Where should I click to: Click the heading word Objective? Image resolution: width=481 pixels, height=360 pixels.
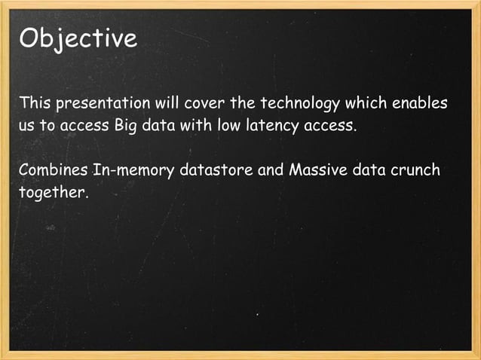click(x=78, y=38)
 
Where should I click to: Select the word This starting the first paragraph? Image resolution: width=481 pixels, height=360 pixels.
click(x=35, y=102)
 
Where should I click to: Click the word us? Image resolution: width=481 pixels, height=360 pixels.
click(x=27, y=126)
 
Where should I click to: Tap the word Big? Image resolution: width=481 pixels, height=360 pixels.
click(x=126, y=126)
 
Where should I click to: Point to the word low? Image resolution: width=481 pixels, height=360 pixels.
click(x=229, y=125)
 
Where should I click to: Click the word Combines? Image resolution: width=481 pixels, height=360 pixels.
click(x=53, y=169)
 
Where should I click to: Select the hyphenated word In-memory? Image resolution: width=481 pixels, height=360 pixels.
click(x=134, y=169)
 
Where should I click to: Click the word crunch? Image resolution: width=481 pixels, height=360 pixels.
click(x=415, y=169)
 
